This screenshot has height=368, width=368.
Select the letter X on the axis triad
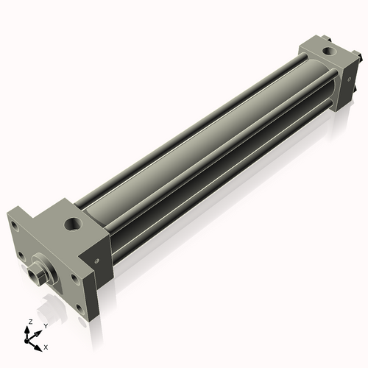[x=46, y=345]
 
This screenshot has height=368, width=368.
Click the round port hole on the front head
[x=74, y=222]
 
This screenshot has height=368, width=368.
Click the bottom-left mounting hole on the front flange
[x=22, y=258]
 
